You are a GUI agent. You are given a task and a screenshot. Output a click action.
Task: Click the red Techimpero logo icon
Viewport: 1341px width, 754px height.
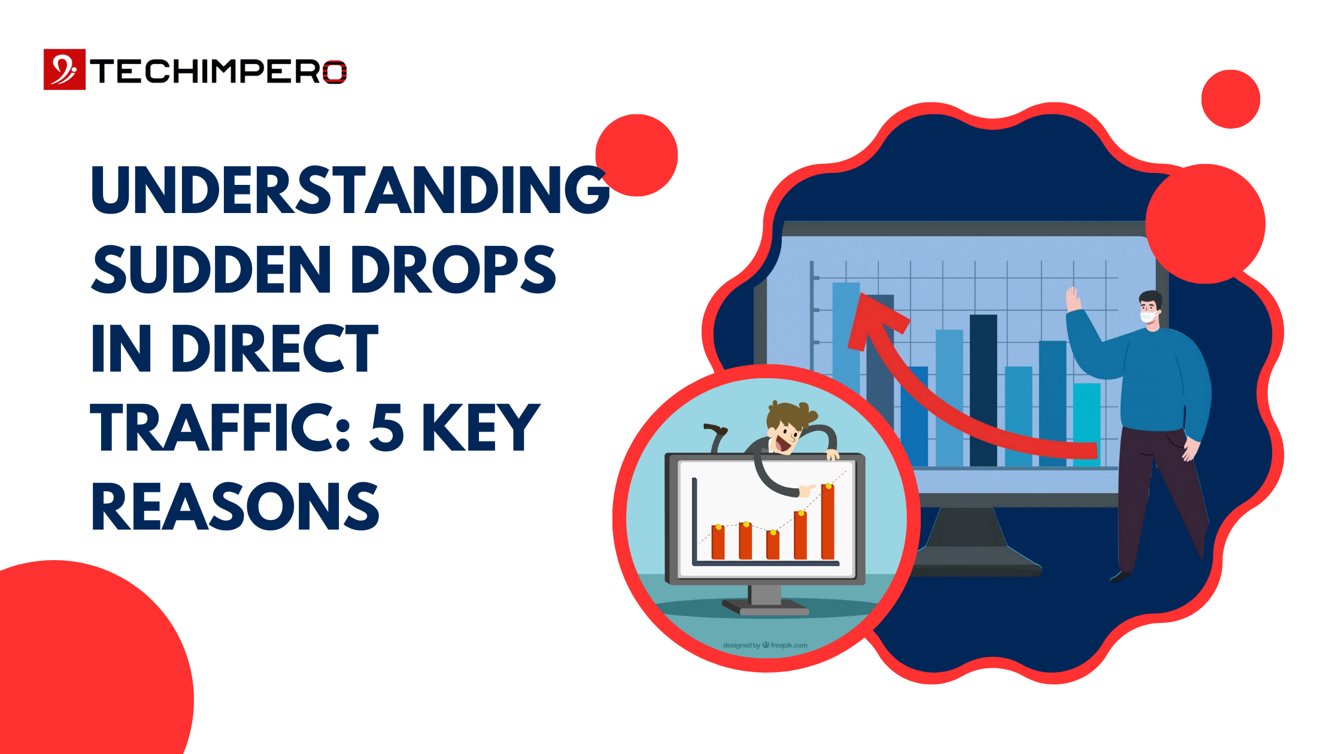(65, 69)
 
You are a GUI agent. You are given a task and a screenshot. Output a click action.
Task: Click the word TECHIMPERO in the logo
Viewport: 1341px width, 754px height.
(219, 72)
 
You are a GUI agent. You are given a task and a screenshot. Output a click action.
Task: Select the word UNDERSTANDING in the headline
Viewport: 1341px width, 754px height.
(350, 190)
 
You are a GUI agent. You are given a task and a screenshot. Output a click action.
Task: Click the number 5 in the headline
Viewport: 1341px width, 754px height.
(387, 427)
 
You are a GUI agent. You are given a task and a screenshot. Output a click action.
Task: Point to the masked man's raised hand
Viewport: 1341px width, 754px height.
(1073, 299)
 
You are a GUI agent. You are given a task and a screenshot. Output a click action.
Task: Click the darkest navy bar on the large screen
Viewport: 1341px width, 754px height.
(983, 389)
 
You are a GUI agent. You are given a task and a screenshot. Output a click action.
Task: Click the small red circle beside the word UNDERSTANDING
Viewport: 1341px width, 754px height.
(637, 155)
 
